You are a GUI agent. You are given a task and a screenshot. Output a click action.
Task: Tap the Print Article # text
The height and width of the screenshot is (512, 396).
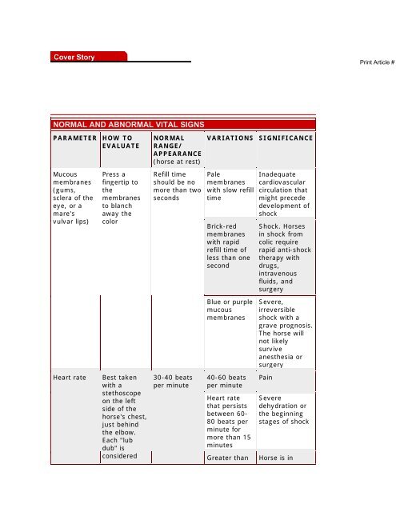pos(372,62)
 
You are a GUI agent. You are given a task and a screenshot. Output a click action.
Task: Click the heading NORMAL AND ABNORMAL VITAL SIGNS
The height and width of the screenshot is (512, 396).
pos(127,124)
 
